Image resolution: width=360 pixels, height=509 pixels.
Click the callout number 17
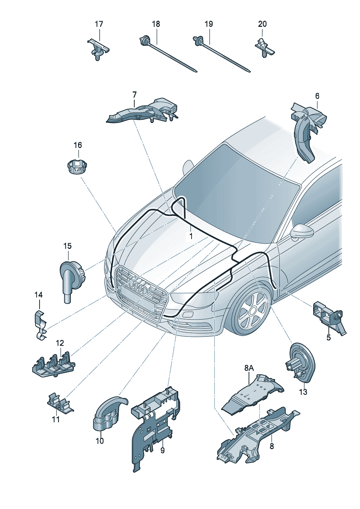tap(99, 24)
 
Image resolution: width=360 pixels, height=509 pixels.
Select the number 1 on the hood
tap(191, 236)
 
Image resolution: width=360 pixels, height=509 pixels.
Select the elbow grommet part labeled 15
tap(71, 281)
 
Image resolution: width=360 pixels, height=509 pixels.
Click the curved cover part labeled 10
tap(109, 414)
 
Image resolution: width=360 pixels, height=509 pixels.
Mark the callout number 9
tap(162, 450)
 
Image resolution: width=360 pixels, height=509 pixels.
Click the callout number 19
tap(209, 24)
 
